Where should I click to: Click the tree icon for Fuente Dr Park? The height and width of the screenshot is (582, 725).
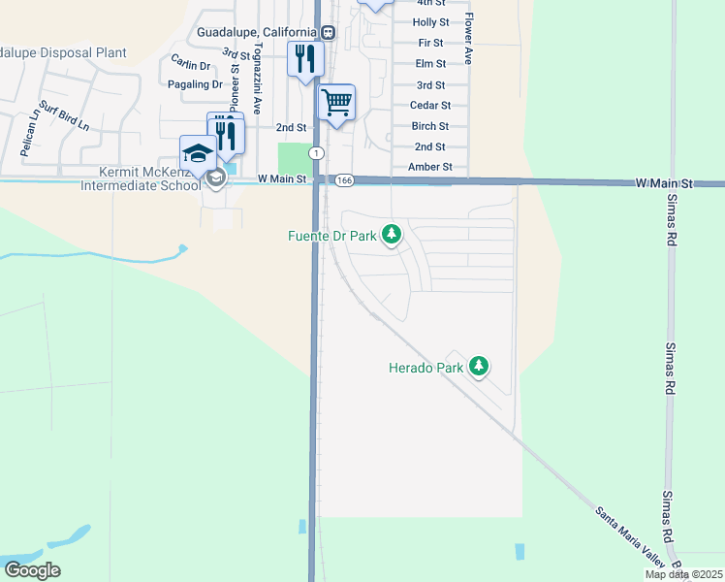pyautogui.click(x=392, y=234)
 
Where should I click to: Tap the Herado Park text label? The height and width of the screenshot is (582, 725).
pyautogui.click(x=426, y=368)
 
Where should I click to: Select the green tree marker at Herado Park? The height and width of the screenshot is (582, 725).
pyautogui.click(x=478, y=366)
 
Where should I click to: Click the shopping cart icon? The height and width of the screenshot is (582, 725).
pyautogui.click(x=336, y=101)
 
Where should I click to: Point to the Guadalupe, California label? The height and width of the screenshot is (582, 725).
pyautogui.click(x=258, y=32)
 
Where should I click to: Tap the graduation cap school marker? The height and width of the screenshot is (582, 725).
pyautogui.click(x=199, y=152)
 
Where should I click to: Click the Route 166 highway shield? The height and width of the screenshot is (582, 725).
pyautogui.click(x=344, y=180)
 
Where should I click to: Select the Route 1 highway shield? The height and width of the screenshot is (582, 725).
pyautogui.click(x=316, y=153)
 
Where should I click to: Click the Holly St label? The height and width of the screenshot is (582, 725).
pyautogui.click(x=430, y=22)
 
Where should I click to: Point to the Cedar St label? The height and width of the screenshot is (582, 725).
pyautogui.click(x=430, y=105)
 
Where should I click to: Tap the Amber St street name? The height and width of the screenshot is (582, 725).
pyautogui.click(x=432, y=167)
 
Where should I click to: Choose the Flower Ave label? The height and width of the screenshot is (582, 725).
pyautogui.click(x=468, y=39)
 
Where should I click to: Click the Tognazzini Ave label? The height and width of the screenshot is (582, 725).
pyautogui.click(x=257, y=78)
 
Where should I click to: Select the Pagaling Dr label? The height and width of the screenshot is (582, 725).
pyautogui.click(x=195, y=84)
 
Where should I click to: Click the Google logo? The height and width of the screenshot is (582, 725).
pyautogui.click(x=32, y=570)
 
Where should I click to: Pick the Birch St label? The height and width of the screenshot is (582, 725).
pyautogui.click(x=430, y=126)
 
